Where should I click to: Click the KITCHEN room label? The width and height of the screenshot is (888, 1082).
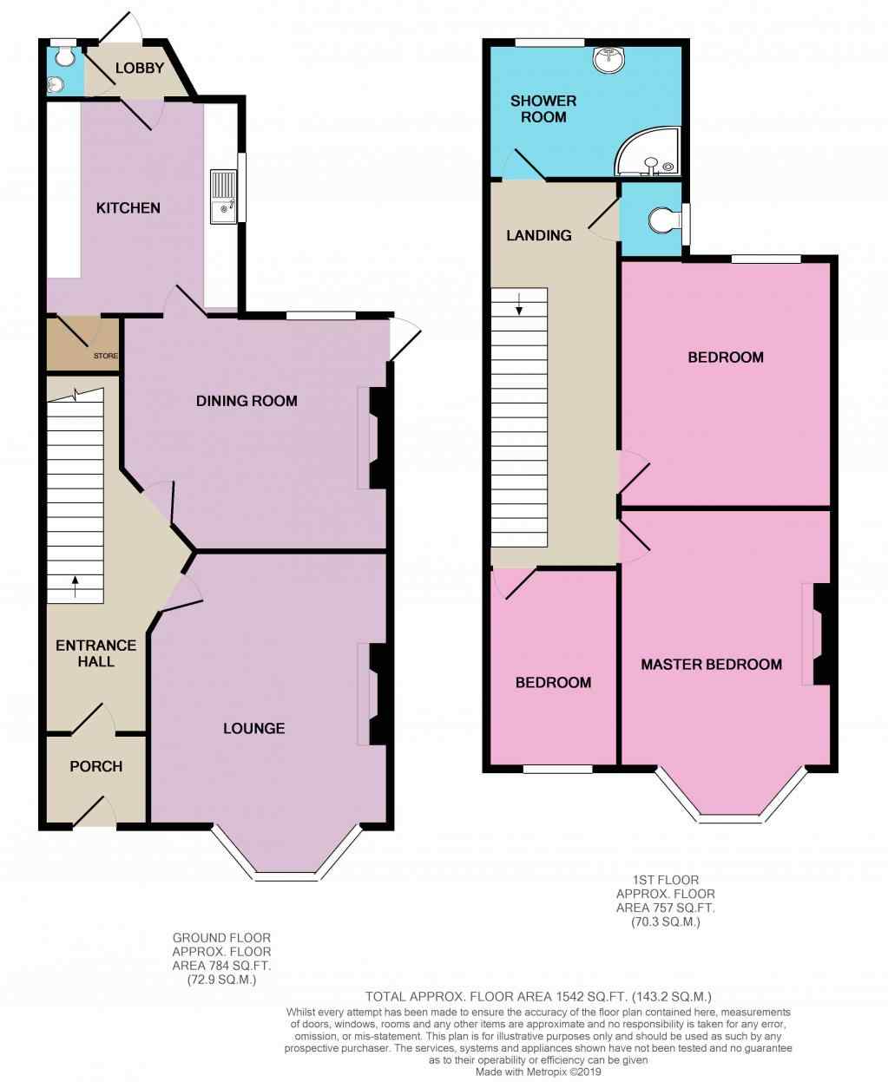click(128, 208)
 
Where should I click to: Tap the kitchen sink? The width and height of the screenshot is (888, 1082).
click(223, 197)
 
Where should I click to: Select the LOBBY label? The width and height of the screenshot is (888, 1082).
click(139, 69)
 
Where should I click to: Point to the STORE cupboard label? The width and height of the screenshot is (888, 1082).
click(106, 356)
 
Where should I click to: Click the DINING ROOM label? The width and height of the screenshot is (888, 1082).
click(247, 401)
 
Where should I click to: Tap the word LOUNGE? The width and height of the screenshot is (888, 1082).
click(253, 728)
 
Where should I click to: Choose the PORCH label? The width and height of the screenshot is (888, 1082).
click(95, 766)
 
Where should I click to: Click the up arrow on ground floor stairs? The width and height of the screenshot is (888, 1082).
click(75, 587)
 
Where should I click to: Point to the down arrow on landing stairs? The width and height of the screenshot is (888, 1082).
click(519, 305)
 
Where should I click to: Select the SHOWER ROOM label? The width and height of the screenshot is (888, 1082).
click(543, 108)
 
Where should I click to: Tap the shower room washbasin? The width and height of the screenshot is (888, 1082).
click(610, 59)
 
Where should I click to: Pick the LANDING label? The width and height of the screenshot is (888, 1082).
click(539, 235)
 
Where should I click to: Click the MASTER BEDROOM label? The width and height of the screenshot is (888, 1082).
click(711, 665)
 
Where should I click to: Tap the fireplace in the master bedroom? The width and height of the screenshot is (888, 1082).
click(818, 634)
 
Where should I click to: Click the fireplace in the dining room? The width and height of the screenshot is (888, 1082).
click(375, 438)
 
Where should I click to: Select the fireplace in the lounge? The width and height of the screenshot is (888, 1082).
click(375, 694)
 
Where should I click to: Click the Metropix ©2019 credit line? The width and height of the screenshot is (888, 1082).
click(538, 1072)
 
